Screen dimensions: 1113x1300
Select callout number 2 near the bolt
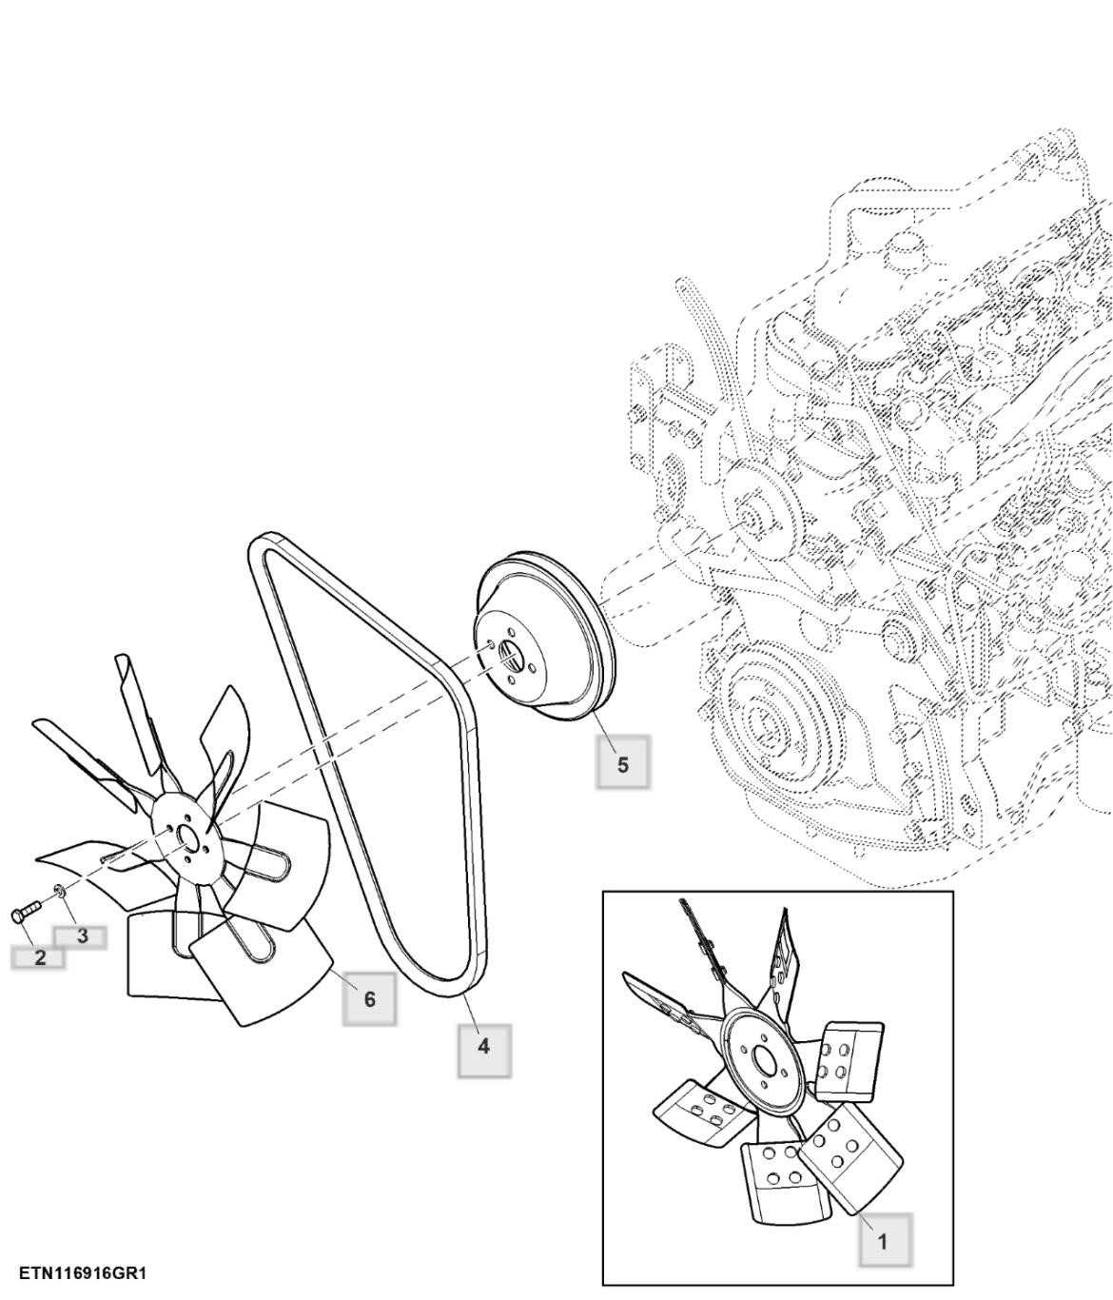[x=38, y=958]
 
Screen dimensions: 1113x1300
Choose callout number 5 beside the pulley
[x=622, y=765]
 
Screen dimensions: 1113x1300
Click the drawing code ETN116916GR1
[x=83, y=1273]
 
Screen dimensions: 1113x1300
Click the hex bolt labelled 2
[x=26, y=910]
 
